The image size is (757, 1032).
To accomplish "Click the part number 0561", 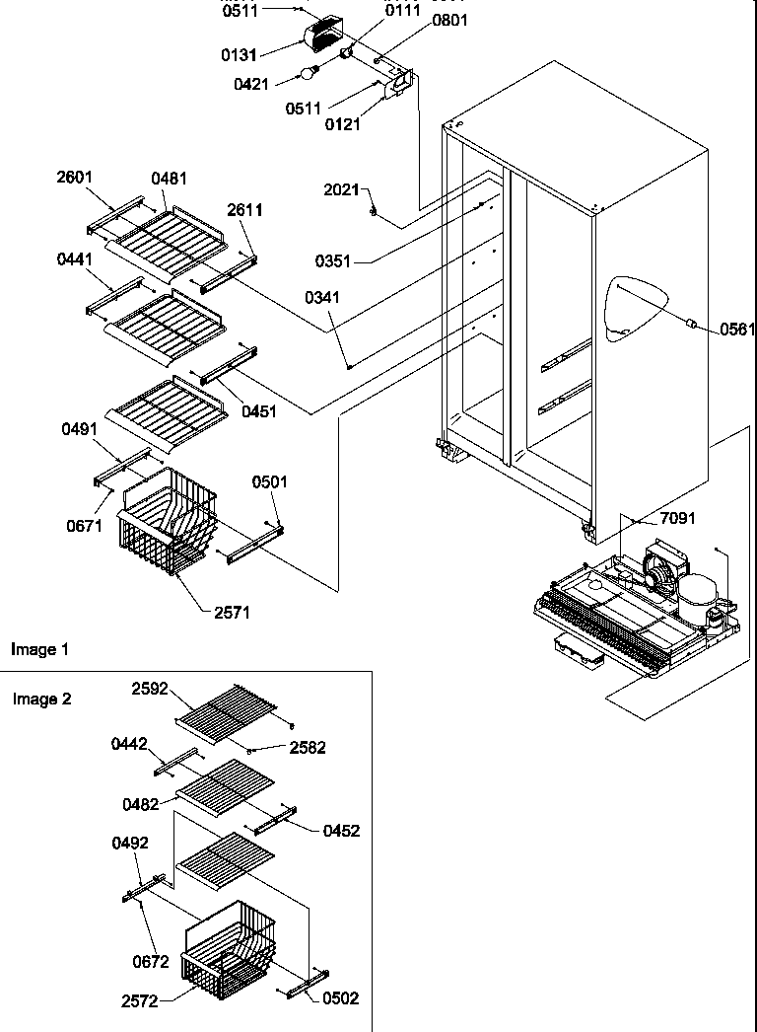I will point(736,330).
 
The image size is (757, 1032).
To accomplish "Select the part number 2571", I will point(232,613).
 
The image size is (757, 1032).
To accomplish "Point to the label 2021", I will point(341,189).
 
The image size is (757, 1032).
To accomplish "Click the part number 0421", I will point(251,85).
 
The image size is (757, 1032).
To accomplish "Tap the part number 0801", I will point(450,20).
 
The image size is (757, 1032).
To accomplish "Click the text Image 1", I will point(40,649).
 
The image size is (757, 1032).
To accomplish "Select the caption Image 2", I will point(42,699).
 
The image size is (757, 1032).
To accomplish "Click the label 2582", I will point(308,749).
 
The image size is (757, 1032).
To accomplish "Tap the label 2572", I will point(141,1001).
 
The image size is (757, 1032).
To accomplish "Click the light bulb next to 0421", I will point(310,72).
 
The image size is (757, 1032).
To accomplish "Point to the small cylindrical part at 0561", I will point(692,323).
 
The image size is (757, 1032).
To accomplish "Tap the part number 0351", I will point(333,261).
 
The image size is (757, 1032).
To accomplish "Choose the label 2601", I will point(75,178).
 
